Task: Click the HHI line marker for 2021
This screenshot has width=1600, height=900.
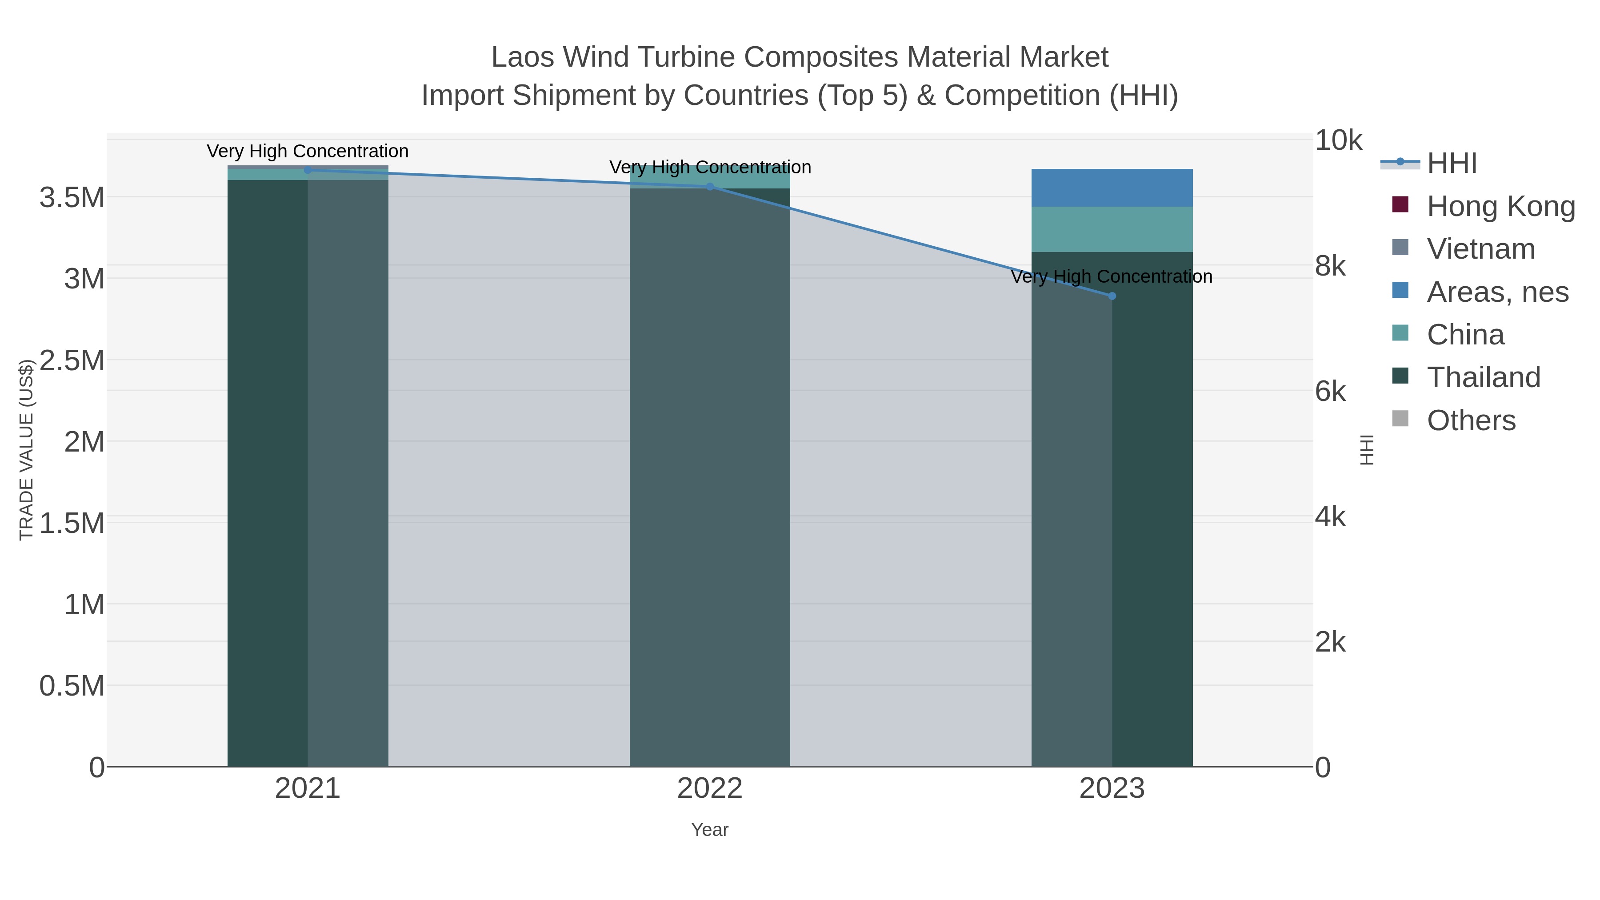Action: (308, 170)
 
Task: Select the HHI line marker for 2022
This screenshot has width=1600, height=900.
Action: (710, 186)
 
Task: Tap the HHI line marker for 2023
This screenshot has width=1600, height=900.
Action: (1112, 296)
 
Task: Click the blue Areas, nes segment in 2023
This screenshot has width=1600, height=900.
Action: (1112, 188)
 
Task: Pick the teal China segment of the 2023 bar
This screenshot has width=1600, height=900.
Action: (1112, 229)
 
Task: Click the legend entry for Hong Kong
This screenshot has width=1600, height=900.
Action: (1500, 206)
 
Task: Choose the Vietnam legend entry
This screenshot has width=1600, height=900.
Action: (1481, 249)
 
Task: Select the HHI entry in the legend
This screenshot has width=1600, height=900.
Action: (1451, 164)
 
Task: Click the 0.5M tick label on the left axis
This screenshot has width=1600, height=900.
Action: (72, 686)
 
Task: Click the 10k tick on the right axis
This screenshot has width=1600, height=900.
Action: (1338, 141)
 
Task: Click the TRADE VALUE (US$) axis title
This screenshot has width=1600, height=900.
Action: (26, 450)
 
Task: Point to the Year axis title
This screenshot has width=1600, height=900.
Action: (710, 830)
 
